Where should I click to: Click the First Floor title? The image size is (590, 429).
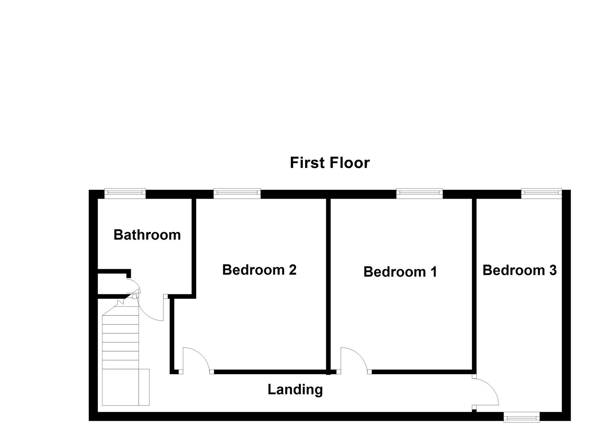coord(329,163)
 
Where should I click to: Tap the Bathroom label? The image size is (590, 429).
coord(147,235)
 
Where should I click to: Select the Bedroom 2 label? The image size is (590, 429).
coord(259,270)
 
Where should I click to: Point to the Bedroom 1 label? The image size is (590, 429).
coord(400,272)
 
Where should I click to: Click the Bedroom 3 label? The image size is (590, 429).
coord(519,270)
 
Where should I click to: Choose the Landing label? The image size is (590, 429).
coord(295,389)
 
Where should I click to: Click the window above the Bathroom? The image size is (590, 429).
coord(125,193)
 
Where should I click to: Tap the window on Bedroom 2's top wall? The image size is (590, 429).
coord(237,193)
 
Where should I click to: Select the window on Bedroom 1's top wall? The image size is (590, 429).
coord(419,193)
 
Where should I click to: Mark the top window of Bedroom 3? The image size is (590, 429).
coord(541,193)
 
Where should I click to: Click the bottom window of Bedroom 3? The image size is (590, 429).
coord(522,417)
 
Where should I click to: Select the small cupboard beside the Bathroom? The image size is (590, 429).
coord(113,284)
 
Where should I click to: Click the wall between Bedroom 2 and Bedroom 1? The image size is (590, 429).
coord(329,284)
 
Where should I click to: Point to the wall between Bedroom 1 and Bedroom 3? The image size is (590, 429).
coord(474,284)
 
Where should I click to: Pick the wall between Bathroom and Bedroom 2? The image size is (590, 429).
coord(194,246)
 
